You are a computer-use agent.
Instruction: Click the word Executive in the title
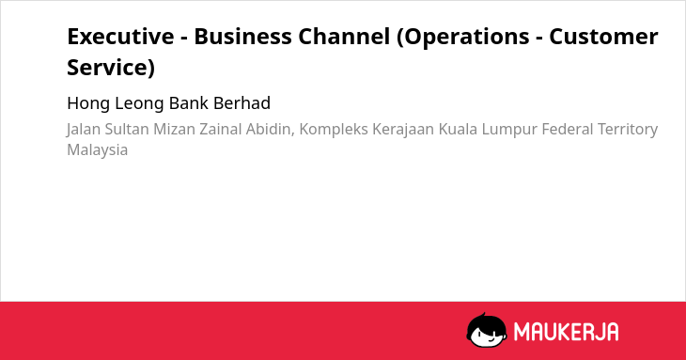(120, 37)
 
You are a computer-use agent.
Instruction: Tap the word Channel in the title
(344, 37)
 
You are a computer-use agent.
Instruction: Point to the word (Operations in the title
(463, 38)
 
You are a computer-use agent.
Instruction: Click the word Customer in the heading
(603, 37)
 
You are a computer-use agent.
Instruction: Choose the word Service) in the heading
(111, 68)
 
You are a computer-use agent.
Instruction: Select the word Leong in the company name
(139, 103)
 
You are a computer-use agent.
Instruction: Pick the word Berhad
(242, 103)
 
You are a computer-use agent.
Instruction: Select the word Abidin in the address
(270, 130)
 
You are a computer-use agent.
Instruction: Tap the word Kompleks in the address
(334, 130)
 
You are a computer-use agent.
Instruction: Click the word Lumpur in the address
(509, 130)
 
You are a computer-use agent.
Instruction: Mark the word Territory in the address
(628, 130)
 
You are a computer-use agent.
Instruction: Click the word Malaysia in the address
(97, 150)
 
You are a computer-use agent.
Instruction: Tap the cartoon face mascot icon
(487, 330)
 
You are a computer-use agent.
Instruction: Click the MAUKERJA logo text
(567, 332)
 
